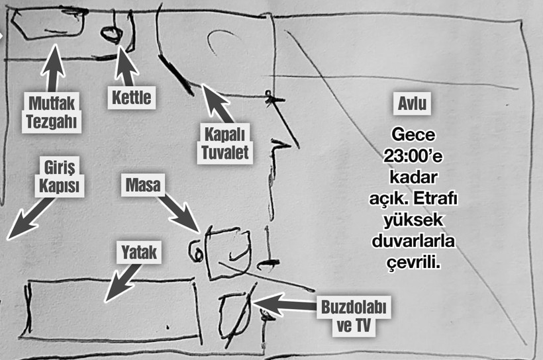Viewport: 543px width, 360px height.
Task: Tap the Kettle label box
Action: (130, 99)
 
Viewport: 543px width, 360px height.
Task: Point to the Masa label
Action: (142, 185)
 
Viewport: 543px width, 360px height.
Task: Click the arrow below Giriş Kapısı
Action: (29, 218)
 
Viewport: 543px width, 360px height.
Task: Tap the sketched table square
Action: (227, 251)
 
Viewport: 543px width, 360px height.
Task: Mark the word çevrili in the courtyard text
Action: (413, 263)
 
